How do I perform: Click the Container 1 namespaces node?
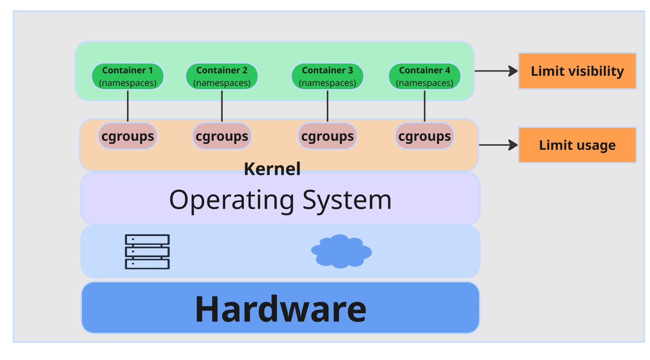pyautogui.click(x=127, y=76)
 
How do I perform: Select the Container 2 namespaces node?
pyautogui.click(x=222, y=76)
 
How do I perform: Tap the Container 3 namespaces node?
pyautogui.click(x=327, y=76)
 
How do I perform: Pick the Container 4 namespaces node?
pyautogui.click(x=425, y=76)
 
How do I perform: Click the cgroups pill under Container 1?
pyautogui.click(x=127, y=136)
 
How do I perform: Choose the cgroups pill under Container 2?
pyautogui.click(x=222, y=136)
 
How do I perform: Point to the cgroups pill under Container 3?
pyautogui.click(x=327, y=136)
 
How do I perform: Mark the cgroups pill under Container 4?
pyautogui.click(x=425, y=136)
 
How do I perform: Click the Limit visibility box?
pyautogui.click(x=577, y=71)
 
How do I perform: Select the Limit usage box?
pyautogui.click(x=577, y=145)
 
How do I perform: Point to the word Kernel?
pyautogui.click(x=272, y=169)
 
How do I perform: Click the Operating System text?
pyautogui.click(x=280, y=200)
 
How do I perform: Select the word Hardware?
pyautogui.click(x=280, y=309)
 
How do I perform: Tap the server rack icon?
pyautogui.click(x=147, y=251)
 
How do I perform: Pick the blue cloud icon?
pyautogui.click(x=341, y=251)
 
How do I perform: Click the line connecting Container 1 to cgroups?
pyautogui.click(x=128, y=106)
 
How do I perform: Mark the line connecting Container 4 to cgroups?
pyautogui.click(x=425, y=106)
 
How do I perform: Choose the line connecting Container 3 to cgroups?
pyautogui.click(x=328, y=106)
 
